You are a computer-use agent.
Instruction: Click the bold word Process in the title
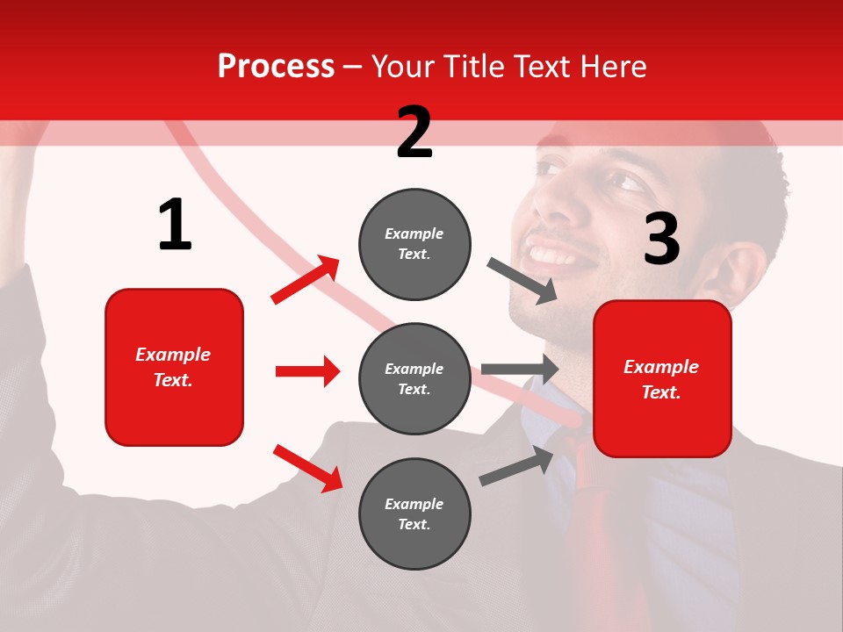276,66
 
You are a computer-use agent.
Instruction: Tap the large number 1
175,225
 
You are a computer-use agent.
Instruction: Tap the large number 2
414,133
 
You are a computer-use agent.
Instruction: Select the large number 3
661,239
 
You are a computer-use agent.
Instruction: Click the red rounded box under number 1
174,367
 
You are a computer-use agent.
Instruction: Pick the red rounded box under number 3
662,379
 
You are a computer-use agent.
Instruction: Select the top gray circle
414,244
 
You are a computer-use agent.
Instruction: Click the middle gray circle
414,378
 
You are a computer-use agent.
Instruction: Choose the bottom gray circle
414,513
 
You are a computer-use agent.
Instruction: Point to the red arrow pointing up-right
305,280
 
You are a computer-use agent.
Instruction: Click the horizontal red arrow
307,371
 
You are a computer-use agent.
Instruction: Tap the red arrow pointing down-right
307,468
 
